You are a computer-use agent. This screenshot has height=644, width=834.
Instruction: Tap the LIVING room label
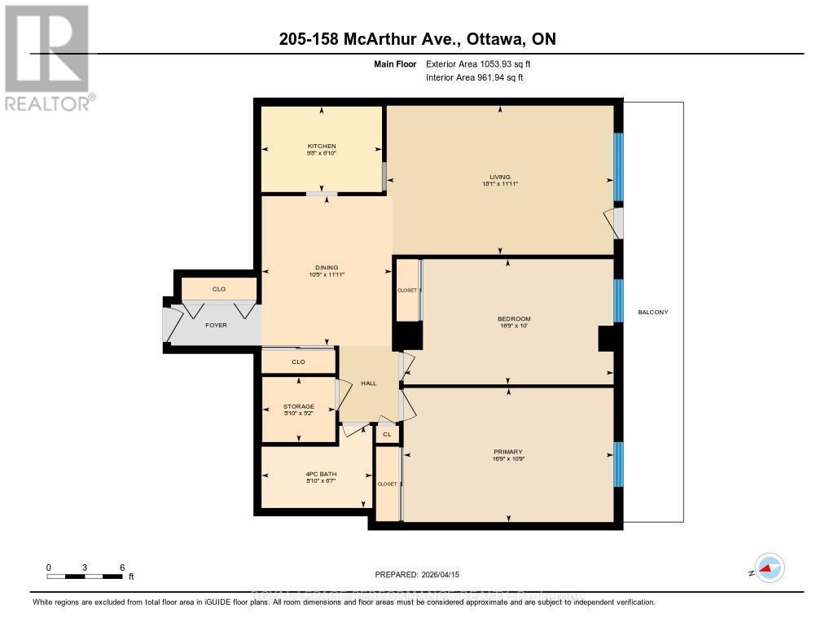[499, 177]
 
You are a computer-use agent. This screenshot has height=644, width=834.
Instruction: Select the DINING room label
[326, 268]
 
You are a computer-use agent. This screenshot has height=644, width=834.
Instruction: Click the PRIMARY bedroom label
[507, 452]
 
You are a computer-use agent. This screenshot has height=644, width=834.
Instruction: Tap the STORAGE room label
[298, 406]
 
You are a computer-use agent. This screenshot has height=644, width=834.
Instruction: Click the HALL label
[368, 383]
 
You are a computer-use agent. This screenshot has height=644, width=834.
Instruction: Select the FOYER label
[216, 325]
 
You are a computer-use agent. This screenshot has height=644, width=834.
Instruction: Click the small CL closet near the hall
[387, 435]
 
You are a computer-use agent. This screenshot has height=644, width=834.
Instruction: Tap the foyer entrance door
[172, 325]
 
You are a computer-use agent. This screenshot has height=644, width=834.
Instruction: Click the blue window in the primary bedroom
[618, 464]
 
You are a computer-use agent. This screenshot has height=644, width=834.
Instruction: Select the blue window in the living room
[618, 167]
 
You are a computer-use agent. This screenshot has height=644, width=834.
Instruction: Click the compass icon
[768, 568]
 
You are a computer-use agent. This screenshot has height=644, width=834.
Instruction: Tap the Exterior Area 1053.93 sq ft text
[480, 64]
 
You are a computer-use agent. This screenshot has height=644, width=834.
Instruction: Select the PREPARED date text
[417, 574]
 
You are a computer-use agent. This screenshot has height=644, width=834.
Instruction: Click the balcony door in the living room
[616, 223]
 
